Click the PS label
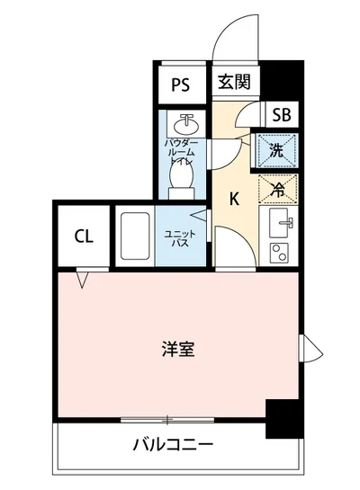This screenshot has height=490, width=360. [181, 85]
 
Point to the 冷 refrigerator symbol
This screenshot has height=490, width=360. [278, 189]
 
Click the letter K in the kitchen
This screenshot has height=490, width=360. [233, 199]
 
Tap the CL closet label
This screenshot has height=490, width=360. [83, 237]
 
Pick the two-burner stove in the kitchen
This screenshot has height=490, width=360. [278, 252]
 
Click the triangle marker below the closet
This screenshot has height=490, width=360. [83, 281]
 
